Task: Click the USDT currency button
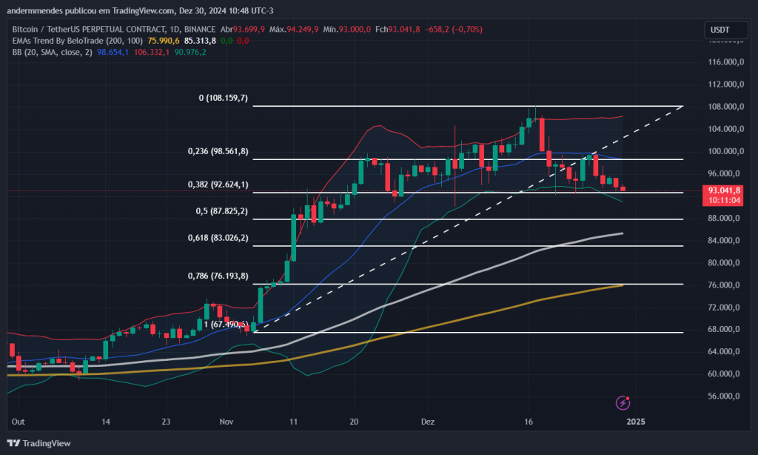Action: [x=720, y=30]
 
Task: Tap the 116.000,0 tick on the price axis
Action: [x=726, y=62]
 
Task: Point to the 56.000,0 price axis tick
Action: [x=726, y=396]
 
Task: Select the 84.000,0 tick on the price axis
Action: [x=726, y=240]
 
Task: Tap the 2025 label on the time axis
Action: [x=636, y=421]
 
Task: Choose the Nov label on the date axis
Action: [x=227, y=421]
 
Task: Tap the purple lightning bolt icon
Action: [x=623, y=402]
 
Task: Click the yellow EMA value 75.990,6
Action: [x=164, y=41]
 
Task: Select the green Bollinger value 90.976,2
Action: [x=190, y=52]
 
